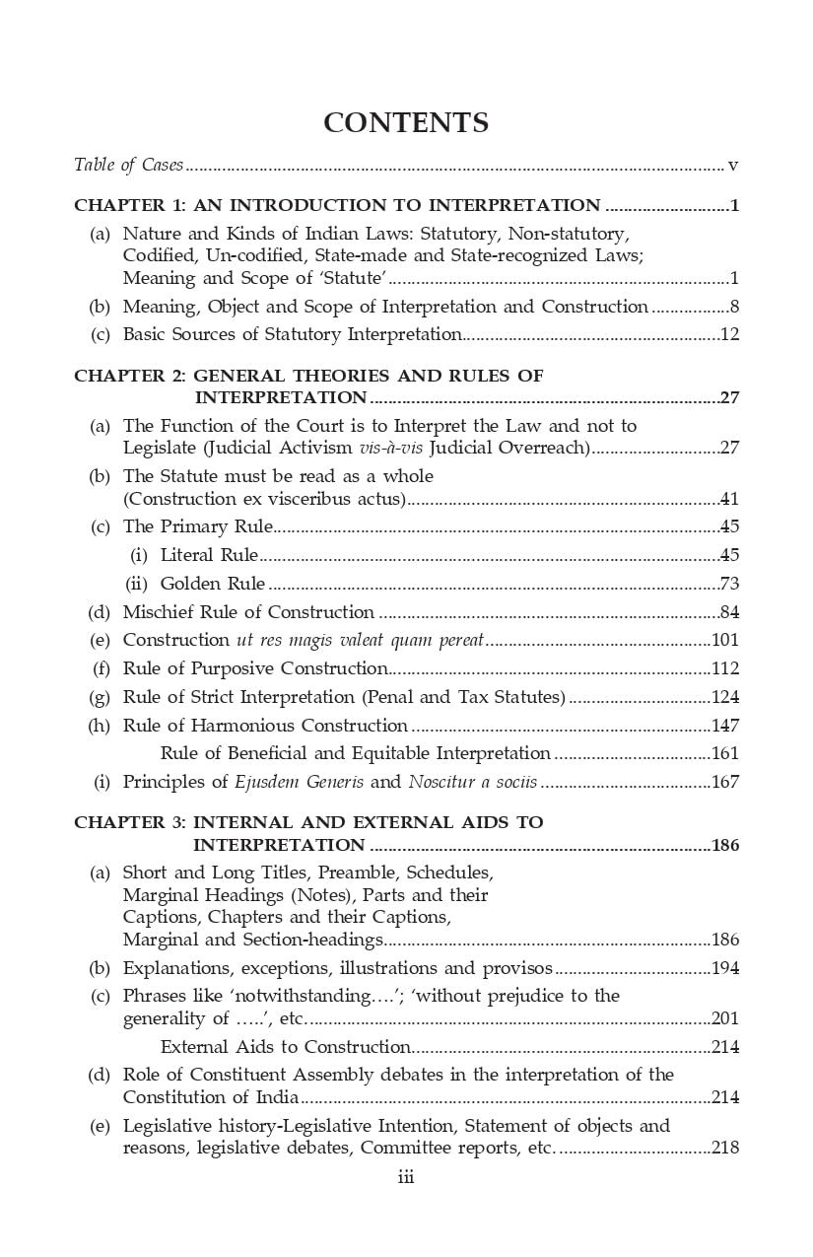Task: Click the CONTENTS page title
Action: click(x=406, y=123)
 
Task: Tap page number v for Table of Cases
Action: click(x=733, y=165)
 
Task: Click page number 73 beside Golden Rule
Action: click(x=729, y=584)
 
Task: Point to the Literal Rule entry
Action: click(x=209, y=555)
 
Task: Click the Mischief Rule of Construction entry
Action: click(x=248, y=612)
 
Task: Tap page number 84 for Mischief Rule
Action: click(x=729, y=612)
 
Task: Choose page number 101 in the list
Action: click(x=725, y=641)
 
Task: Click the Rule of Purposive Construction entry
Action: click(x=254, y=668)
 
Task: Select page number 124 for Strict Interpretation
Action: click(x=725, y=697)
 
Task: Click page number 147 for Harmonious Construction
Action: click(x=725, y=726)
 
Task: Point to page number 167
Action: click(x=725, y=783)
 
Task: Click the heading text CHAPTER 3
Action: click(x=128, y=822)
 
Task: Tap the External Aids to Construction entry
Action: click(x=285, y=1047)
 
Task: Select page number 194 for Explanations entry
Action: click(x=725, y=968)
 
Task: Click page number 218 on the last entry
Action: click(x=725, y=1148)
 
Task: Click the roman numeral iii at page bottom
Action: click(x=405, y=1177)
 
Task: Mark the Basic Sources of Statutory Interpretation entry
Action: click(x=292, y=334)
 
